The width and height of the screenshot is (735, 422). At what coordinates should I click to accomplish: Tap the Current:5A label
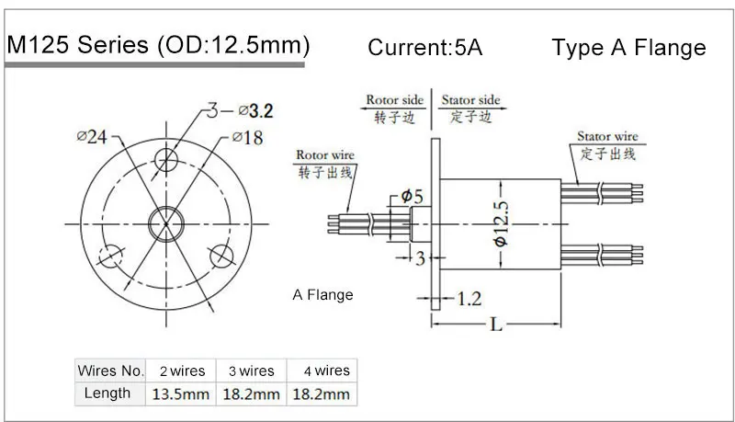click(x=424, y=48)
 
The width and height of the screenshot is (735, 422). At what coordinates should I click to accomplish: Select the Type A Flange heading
click(x=628, y=48)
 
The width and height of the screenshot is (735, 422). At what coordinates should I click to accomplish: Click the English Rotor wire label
click(x=322, y=154)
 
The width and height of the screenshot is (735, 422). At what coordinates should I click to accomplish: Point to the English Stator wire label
click(x=607, y=136)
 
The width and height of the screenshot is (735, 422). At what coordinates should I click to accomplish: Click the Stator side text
click(x=470, y=99)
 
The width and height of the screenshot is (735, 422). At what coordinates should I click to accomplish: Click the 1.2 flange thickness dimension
click(x=470, y=298)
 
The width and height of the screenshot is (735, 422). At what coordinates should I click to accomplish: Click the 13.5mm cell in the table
click(x=181, y=393)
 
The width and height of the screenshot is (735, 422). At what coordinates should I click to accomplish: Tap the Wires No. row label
click(x=110, y=371)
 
